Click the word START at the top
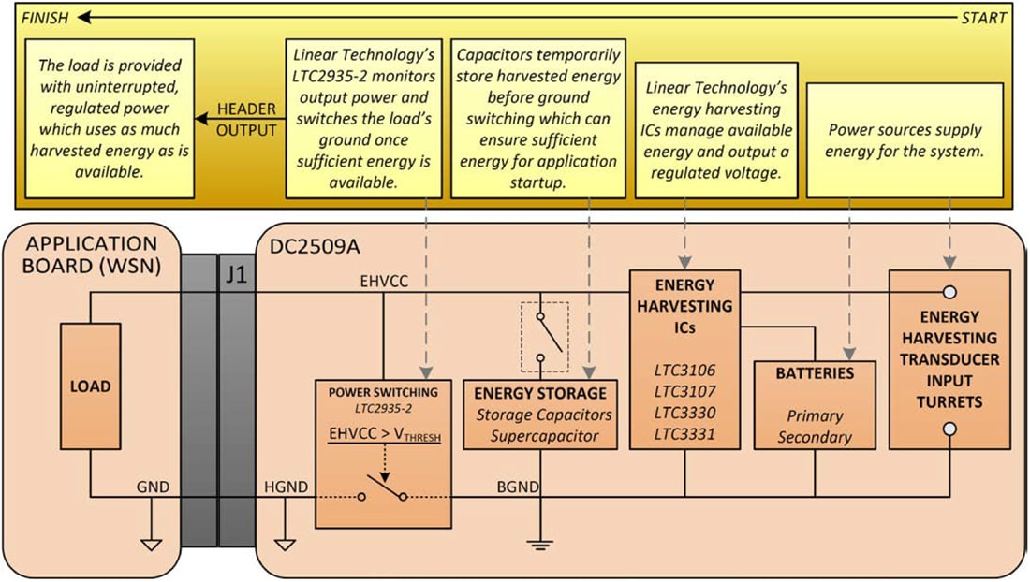point(983,18)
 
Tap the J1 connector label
point(235,277)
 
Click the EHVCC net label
point(384,279)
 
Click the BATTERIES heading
point(814,372)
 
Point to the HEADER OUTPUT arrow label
point(246,120)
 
